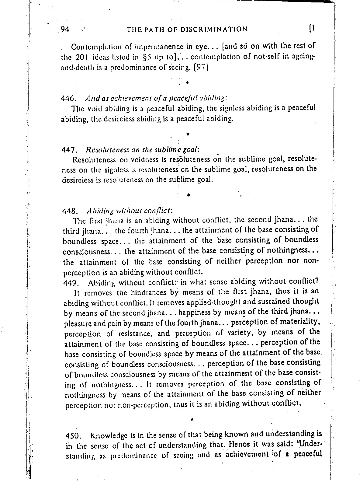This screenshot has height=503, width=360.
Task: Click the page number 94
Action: [x=65, y=30]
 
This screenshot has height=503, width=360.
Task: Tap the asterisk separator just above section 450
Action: [x=192, y=420]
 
